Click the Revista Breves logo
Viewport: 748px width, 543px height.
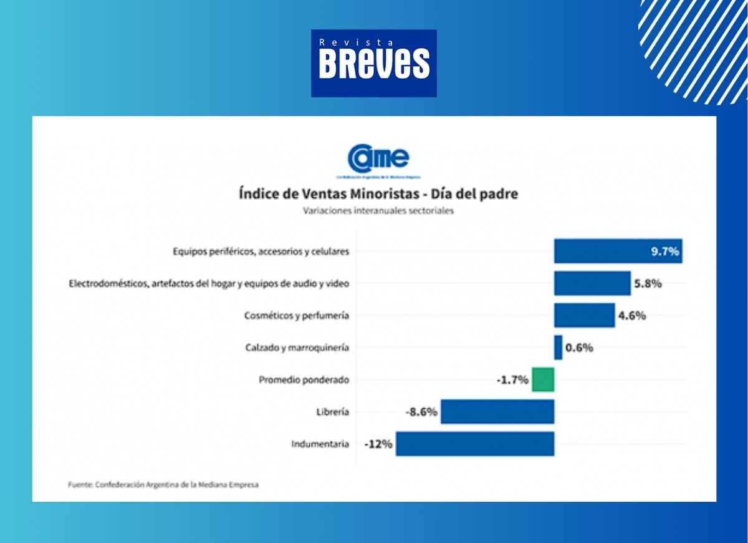point(374,63)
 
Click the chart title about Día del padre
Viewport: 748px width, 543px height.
point(378,193)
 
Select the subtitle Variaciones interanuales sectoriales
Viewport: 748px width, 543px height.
point(378,211)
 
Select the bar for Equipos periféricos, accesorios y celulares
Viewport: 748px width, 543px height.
point(598,252)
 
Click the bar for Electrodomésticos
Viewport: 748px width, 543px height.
point(592,283)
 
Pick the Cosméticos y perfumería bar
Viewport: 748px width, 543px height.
point(584,315)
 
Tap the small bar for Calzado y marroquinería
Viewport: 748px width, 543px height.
point(558,348)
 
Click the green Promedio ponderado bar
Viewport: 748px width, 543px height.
point(543,379)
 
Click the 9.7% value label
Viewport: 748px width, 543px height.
point(664,252)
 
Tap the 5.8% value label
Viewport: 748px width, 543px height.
point(648,283)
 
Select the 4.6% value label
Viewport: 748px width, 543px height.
point(632,315)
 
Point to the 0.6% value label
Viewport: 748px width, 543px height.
point(579,348)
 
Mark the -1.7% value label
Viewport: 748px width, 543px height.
point(513,379)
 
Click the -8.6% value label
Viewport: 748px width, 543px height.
point(422,412)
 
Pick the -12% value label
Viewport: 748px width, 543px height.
point(378,444)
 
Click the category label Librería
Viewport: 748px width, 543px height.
point(333,412)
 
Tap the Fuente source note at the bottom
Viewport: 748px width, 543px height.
point(163,484)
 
